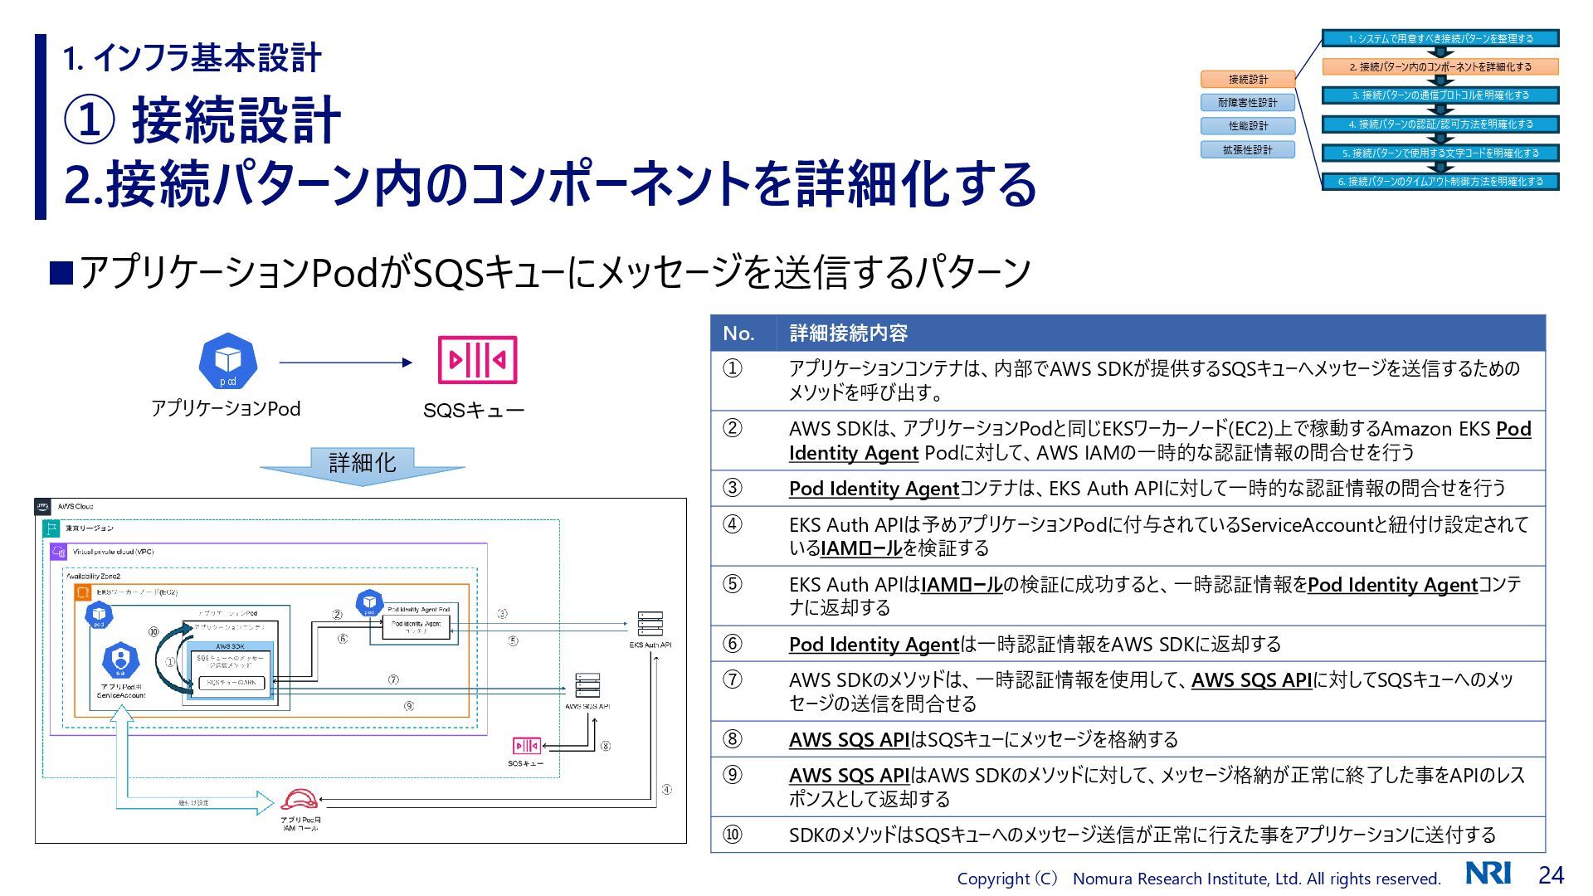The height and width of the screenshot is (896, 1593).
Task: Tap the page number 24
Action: coord(1551,875)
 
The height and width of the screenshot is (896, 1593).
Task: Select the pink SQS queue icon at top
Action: coord(477,360)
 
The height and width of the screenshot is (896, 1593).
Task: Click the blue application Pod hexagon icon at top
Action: coord(227,361)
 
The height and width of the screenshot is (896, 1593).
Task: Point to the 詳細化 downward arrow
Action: coord(362,465)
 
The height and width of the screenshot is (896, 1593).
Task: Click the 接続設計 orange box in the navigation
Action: coord(1248,80)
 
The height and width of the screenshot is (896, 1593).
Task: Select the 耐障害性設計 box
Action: coord(1248,103)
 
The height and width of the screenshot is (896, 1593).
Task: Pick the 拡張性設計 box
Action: coord(1248,150)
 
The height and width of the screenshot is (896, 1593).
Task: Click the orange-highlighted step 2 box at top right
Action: coord(1440,67)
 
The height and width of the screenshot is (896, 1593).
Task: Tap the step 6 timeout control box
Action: coord(1440,182)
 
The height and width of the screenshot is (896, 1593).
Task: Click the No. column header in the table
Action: coord(738,334)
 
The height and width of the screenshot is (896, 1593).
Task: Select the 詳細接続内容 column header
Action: coord(848,334)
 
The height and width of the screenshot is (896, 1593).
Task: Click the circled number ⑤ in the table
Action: coord(732,584)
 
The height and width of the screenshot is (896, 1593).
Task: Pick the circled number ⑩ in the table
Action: coord(732,835)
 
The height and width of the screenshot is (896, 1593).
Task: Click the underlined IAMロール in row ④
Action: coord(860,548)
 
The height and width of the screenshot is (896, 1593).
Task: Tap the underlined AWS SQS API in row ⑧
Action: coord(849,740)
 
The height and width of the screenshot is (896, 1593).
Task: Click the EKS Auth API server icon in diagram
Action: coord(650,624)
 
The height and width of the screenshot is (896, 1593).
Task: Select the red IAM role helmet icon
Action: coord(299,800)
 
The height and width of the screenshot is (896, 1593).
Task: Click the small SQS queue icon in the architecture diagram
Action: coord(526,745)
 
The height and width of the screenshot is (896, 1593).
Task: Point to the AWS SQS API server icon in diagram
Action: coord(587,686)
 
